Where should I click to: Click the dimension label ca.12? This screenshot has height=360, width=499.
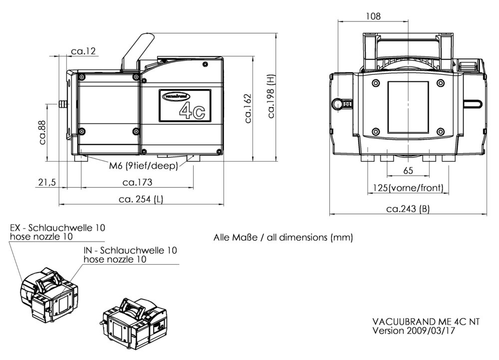(83, 51)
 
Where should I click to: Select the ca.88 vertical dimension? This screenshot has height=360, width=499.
(43, 131)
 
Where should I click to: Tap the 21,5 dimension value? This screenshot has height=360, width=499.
(46, 182)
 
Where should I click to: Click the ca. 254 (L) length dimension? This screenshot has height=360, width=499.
(141, 199)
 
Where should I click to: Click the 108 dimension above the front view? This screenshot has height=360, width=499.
(373, 16)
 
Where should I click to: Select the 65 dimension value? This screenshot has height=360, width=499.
(408, 171)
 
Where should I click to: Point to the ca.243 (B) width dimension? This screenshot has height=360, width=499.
(408, 209)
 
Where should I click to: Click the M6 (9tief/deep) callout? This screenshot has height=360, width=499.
(144, 166)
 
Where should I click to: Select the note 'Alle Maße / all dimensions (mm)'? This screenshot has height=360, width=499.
(283, 238)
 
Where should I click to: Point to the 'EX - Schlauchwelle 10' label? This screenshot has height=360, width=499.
(58, 228)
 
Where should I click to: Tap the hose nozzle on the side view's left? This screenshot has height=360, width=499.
(62, 104)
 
